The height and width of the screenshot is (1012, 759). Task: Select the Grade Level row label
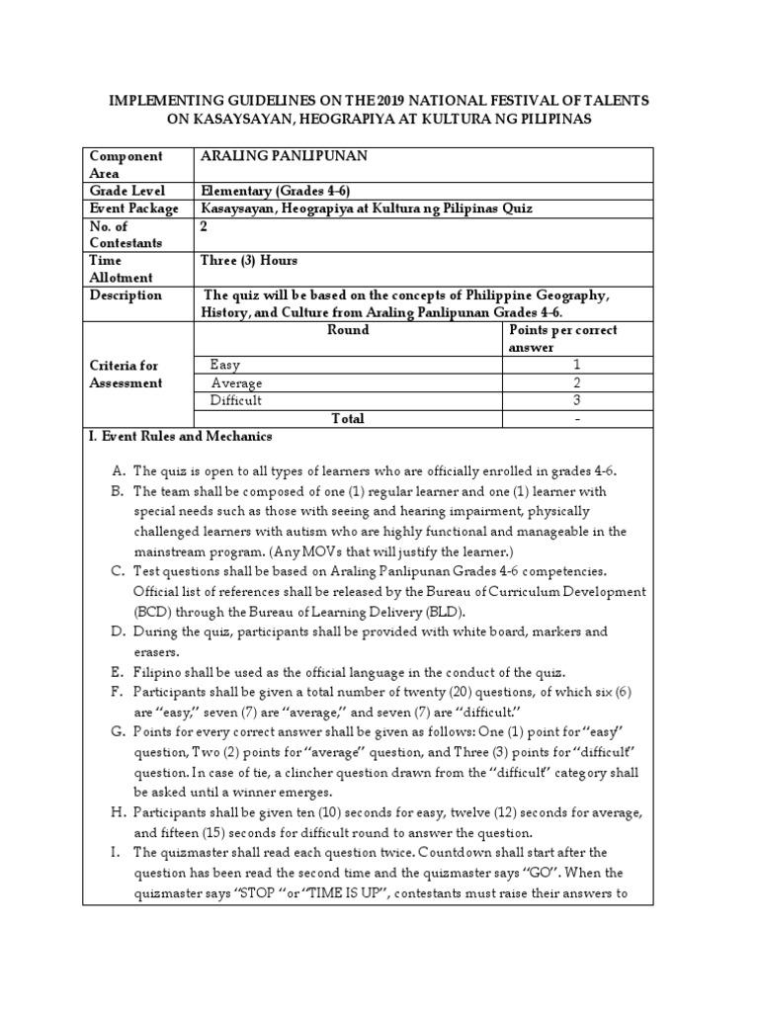[127, 191]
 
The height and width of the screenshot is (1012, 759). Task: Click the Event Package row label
[133, 209]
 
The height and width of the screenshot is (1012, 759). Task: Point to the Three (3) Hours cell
[248, 261]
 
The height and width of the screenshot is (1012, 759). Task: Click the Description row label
[126, 295]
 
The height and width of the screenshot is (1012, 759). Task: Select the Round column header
[347, 330]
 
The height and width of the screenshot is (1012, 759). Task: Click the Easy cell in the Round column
[225, 365]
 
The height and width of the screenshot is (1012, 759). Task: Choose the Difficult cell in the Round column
[236, 400]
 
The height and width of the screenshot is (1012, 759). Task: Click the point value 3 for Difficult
[576, 400]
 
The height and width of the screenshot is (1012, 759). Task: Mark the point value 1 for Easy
[576, 365]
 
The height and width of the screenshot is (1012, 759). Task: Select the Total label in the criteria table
[347, 418]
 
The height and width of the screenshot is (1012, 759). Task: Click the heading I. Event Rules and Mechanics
[181, 436]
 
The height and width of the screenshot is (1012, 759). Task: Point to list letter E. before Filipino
[117, 672]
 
